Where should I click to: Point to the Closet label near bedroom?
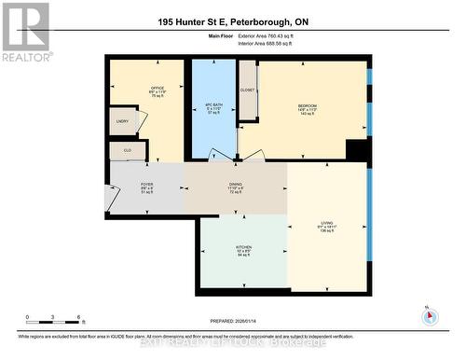[x=247, y=90]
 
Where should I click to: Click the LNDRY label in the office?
[x=122, y=121]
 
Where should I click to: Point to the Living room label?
[x=326, y=225]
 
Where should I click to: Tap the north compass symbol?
[x=428, y=314]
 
